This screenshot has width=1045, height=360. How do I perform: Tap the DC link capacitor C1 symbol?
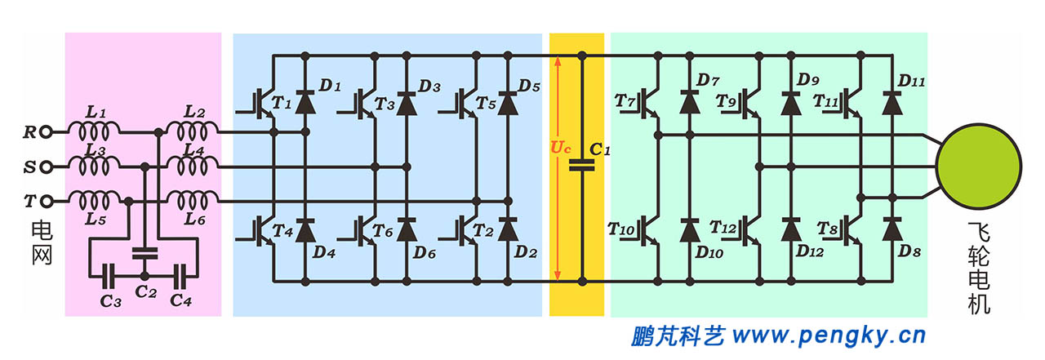pyautogui.click(x=581, y=166)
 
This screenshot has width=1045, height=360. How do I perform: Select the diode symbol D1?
pyautogui.click(x=305, y=101)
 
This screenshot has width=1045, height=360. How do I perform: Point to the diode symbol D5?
pyautogui.click(x=508, y=101)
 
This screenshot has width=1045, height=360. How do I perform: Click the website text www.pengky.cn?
pyautogui.click(x=829, y=335)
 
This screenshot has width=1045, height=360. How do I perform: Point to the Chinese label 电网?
pyautogui.click(x=42, y=241)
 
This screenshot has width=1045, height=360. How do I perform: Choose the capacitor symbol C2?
pyautogui.click(x=145, y=252)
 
